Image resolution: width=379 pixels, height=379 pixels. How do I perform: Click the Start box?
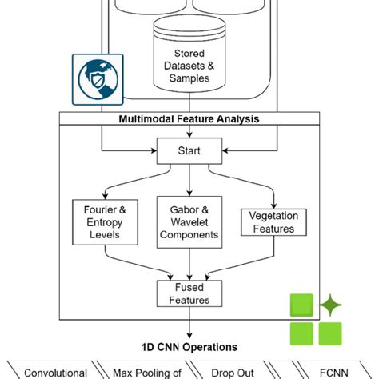(189, 150)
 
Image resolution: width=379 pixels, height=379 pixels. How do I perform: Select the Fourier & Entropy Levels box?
(100, 221)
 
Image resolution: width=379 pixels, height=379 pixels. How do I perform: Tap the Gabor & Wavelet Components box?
(189, 221)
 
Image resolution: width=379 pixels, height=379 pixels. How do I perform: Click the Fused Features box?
(189, 293)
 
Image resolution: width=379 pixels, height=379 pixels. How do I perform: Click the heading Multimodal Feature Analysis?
(189, 119)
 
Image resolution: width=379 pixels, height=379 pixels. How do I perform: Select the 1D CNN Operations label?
(189, 347)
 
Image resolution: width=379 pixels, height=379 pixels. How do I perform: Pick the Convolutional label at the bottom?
(55, 373)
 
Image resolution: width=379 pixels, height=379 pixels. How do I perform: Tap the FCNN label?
(325, 373)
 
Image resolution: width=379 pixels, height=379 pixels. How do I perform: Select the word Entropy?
(100, 221)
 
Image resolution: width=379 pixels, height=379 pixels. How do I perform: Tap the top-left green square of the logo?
(301, 307)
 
